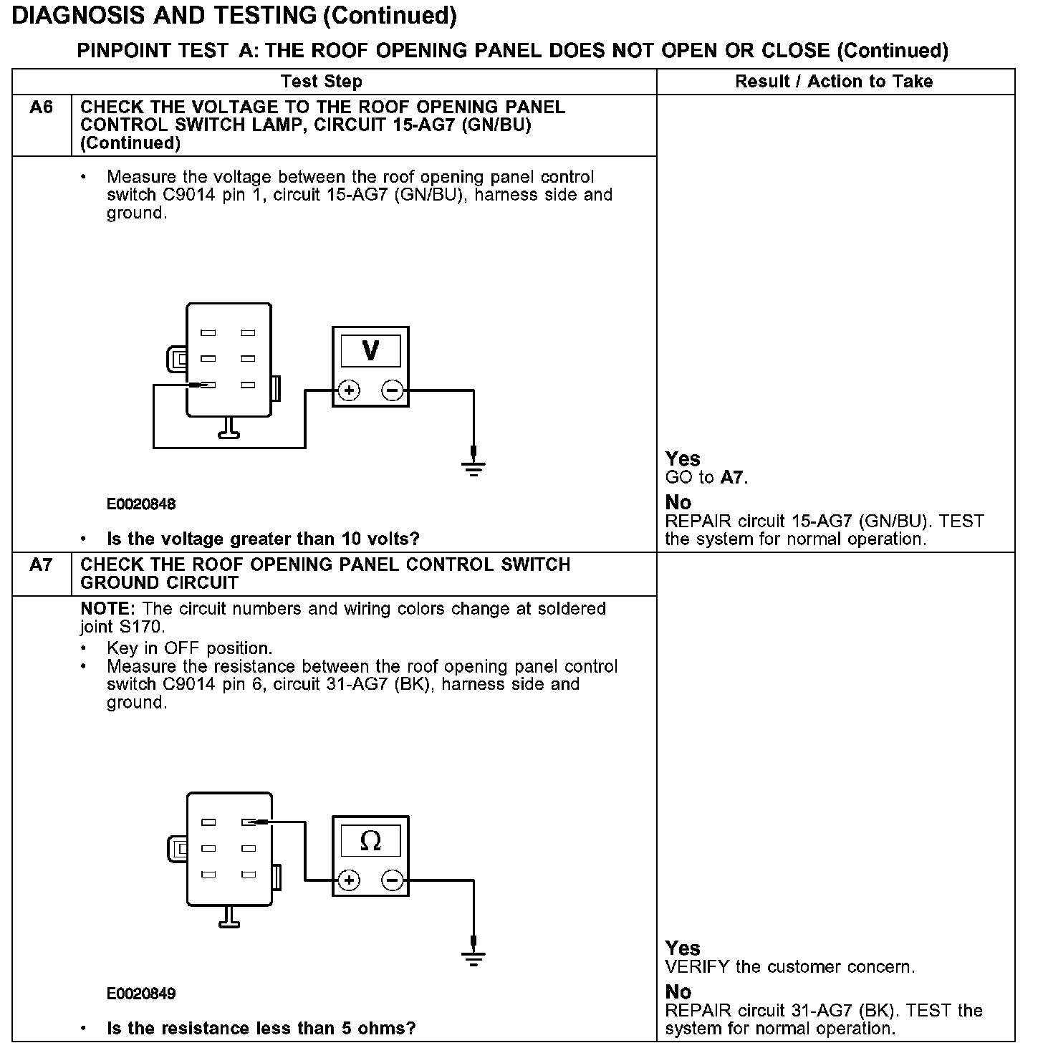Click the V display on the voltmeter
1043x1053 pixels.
click(x=370, y=351)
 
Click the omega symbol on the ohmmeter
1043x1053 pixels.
click(x=370, y=840)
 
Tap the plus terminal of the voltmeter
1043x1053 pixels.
click(x=350, y=390)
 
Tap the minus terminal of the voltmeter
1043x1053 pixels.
click(x=392, y=390)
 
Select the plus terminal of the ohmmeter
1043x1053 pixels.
click(x=350, y=880)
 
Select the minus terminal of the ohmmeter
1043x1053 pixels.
click(x=392, y=880)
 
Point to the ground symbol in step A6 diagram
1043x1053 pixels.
click(x=473, y=466)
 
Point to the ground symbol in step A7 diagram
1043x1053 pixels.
click(x=473, y=956)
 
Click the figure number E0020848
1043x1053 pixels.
click(x=141, y=504)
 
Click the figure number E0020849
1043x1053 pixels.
click(x=141, y=994)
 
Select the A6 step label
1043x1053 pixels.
click(x=42, y=108)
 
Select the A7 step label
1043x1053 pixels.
click(x=42, y=565)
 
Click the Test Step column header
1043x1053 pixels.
click(x=322, y=82)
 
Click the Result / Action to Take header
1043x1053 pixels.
click(x=834, y=82)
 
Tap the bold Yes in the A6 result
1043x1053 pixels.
click(x=683, y=458)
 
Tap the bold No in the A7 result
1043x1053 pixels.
click(x=678, y=992)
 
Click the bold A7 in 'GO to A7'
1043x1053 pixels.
click(x=733, y=477)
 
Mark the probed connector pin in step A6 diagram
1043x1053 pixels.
click(x=208, y=385)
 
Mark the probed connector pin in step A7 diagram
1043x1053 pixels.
click(x=249, y=822)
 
